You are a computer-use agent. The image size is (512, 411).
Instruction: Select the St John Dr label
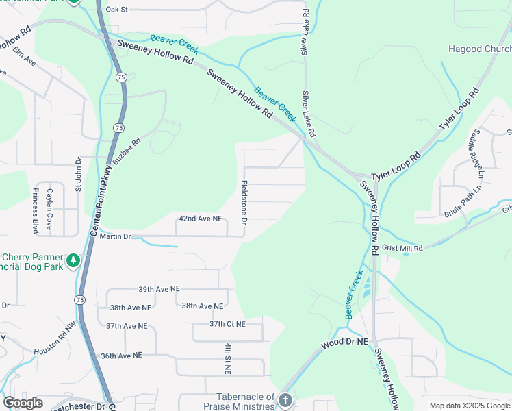78,179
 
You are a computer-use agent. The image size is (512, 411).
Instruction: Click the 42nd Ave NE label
201,219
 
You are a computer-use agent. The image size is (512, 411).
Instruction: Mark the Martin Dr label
114,236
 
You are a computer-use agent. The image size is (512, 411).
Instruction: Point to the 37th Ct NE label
227,323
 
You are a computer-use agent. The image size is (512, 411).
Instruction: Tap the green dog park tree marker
73,260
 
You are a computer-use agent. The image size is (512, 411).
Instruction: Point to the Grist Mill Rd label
402,248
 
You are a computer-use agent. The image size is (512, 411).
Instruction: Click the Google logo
23,402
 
